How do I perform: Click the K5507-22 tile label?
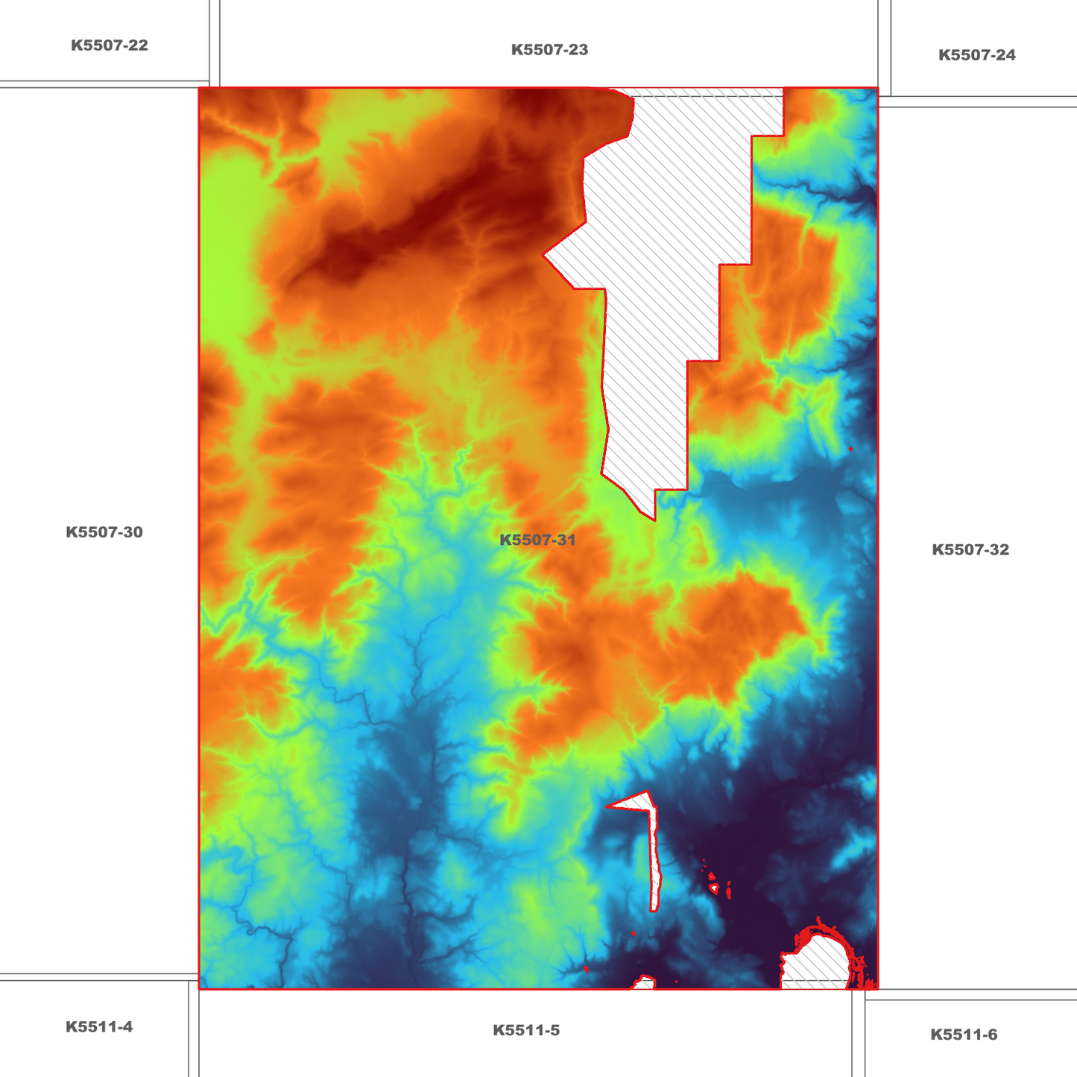tap(110, 45)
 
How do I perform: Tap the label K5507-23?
tap(549, 50)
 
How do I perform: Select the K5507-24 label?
tap(976, 55)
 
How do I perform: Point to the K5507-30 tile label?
tap(104, 532)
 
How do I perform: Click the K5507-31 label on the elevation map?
tap(537, 540)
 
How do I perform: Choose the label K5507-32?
tap(970, 550)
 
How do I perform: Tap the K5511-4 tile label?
tap(99, 1027)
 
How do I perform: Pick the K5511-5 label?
tap(526, 1031)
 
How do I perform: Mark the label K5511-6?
tap(964, 1035)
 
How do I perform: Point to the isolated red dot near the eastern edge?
tap(850, 449)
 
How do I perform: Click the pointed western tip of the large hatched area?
tap(545, 255)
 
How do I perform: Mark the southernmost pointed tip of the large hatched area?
tap(654, 519)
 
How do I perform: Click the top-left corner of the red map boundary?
tap(200, 89)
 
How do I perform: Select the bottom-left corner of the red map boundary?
tap(200, 988)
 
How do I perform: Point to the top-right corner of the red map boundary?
tap(877, 89)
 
